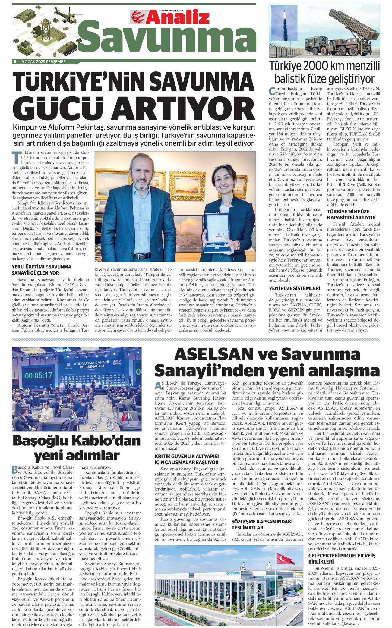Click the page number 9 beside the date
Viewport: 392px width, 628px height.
click(15, 62)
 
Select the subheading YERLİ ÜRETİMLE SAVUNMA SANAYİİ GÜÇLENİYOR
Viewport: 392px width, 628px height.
click(41, 270)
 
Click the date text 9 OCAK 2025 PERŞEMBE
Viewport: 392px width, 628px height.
click(43, 62)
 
